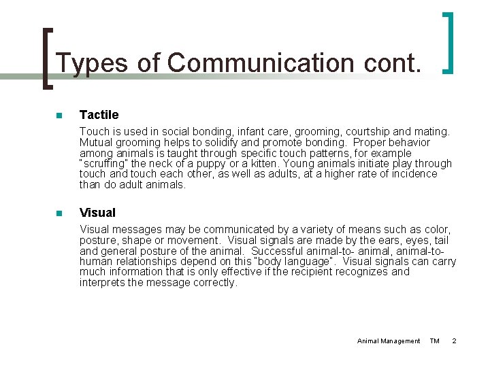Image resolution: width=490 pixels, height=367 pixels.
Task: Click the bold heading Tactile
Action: coord(99,114)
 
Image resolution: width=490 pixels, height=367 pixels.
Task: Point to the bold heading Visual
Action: coord(97,213)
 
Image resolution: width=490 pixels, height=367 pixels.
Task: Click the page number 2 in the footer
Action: coord(454,340)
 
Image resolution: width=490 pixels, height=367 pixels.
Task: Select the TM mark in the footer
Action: coord(435,340)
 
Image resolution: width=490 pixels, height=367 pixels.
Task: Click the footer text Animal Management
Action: coord(389,340)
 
